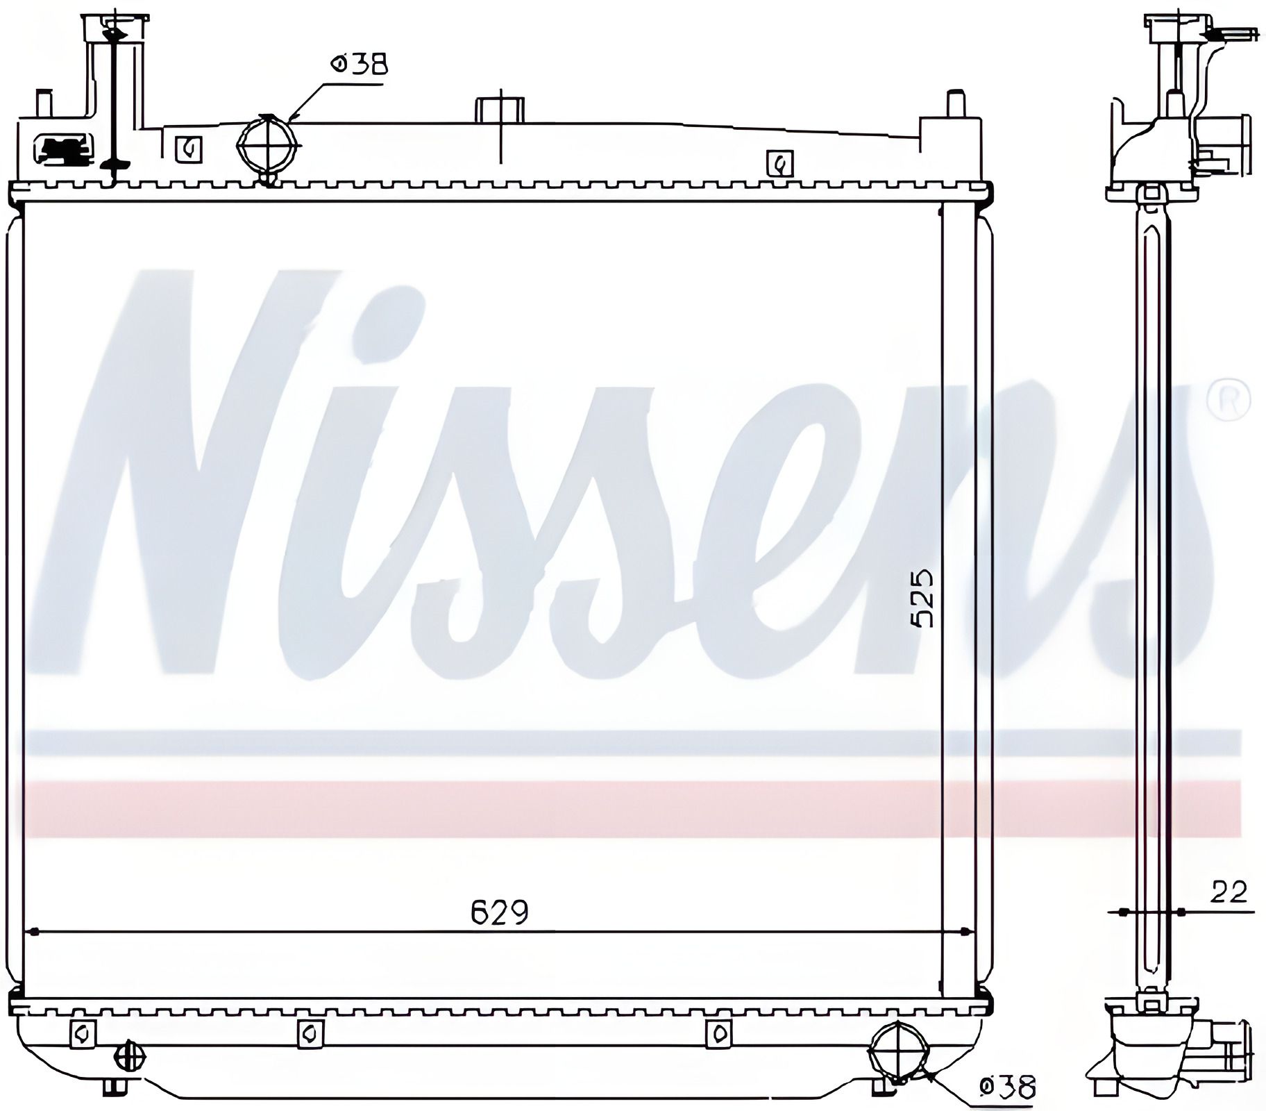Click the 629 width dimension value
tap(500, 912)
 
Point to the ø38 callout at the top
tap(359, 65)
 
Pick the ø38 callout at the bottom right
tap(1006, 1087)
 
